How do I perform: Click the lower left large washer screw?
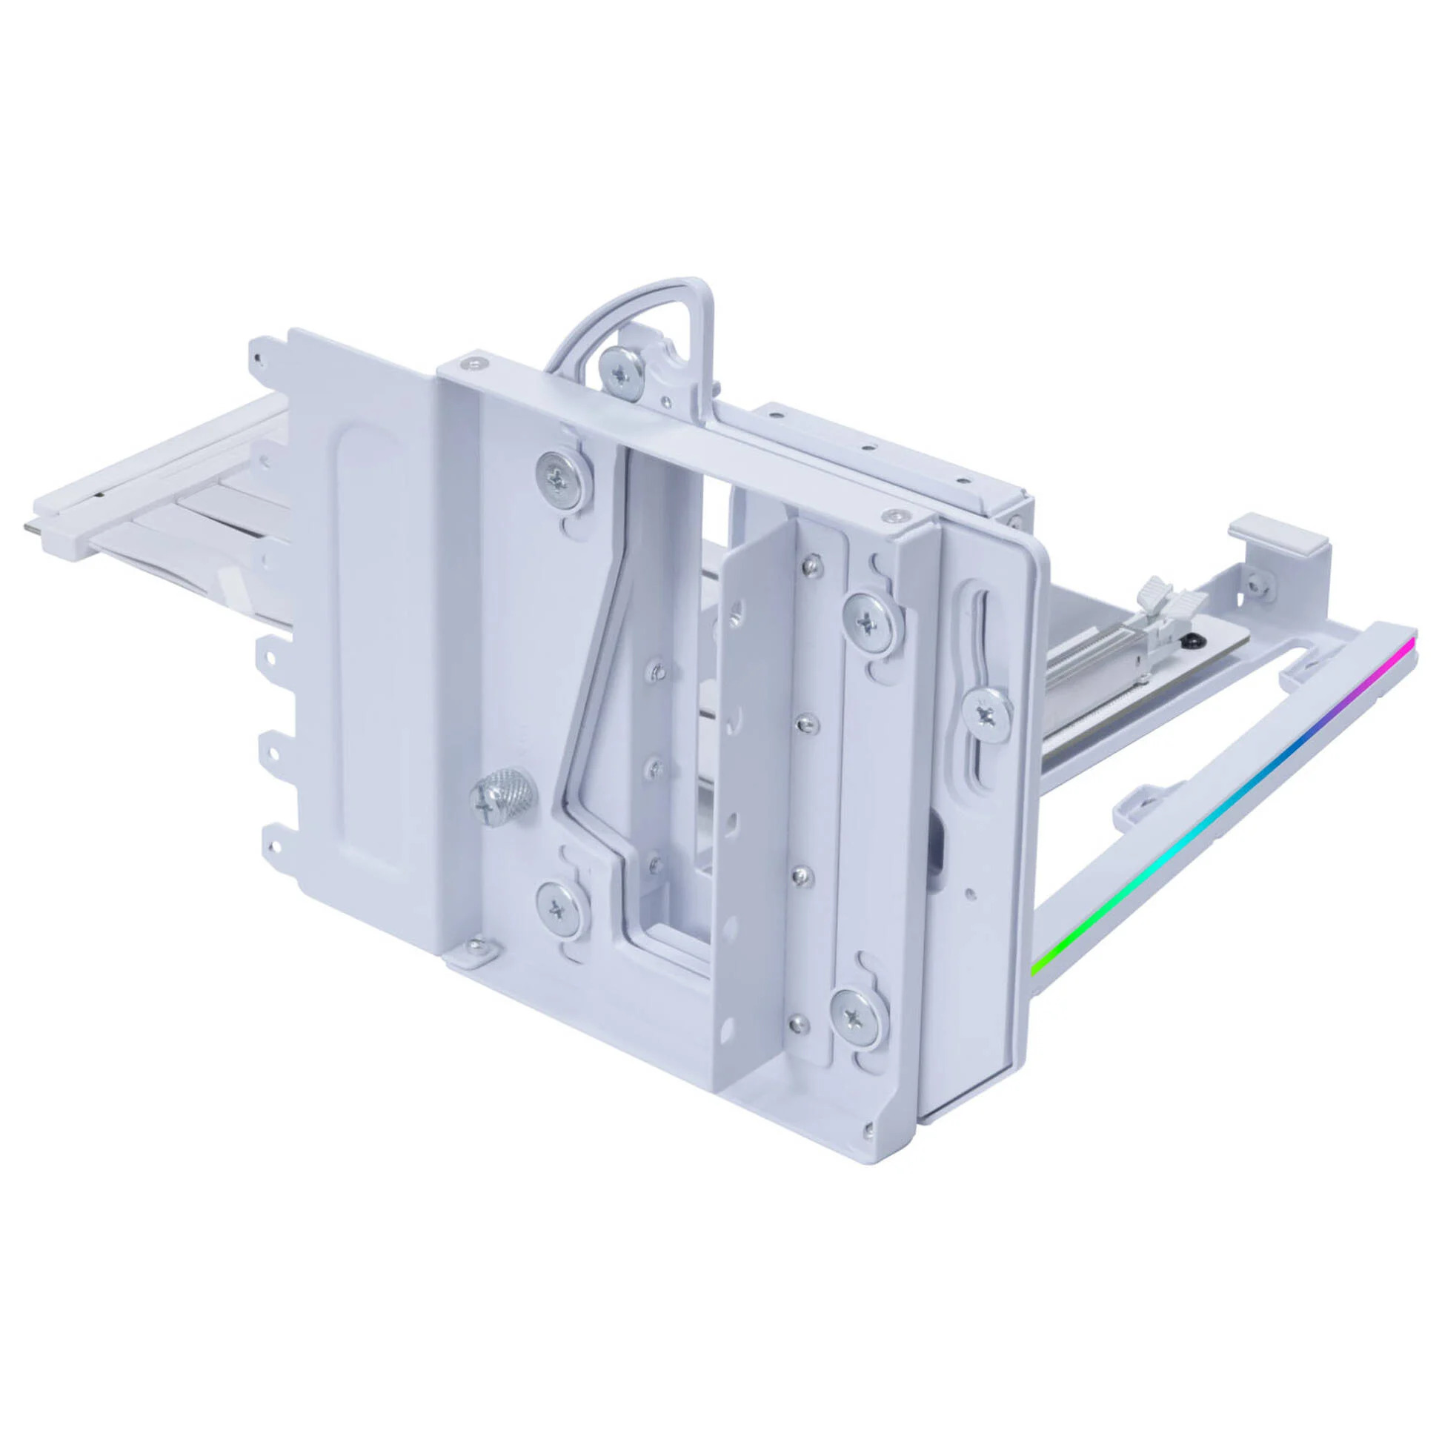559,907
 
